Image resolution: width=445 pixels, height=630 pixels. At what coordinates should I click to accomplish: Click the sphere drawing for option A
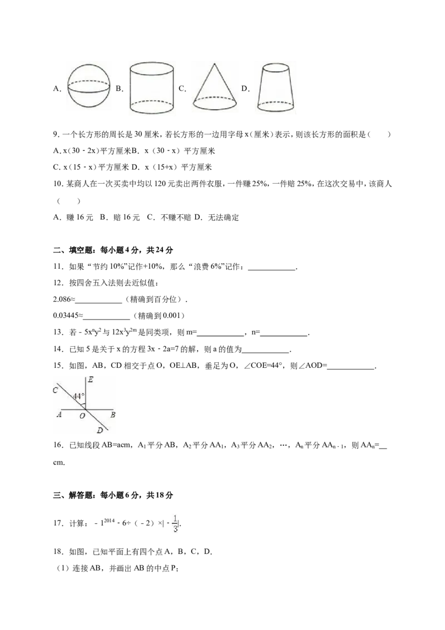(x=88, y=86)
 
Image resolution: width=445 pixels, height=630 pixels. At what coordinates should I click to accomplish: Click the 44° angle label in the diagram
(x=79, y=396)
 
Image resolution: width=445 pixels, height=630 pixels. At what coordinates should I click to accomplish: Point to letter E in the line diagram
(x=91, y=380)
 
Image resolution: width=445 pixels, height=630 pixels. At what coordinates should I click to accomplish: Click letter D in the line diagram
(x=100, y=430)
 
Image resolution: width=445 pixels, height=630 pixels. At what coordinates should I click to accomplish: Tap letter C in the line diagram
(x=56, y=390)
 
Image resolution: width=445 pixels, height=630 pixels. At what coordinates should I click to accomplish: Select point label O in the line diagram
(x=82, y=416)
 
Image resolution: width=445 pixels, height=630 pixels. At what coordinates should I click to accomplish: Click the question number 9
(x=56, y=135)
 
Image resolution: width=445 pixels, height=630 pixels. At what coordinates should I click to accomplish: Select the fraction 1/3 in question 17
(x=176, y=523)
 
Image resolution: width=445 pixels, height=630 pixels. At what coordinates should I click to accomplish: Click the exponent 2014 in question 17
(x=109, y=520)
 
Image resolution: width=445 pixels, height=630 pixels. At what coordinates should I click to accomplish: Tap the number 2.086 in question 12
(x=62, y=299)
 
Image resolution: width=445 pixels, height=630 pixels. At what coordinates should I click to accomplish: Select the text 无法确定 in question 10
(x=223, y=218)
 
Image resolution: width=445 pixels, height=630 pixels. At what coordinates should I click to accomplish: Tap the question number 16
(x=58, y=445)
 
